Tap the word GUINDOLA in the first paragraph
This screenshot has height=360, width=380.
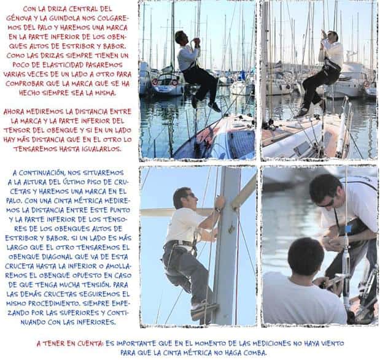tap(64, 18)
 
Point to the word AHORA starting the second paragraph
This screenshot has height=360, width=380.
tap(14, 112)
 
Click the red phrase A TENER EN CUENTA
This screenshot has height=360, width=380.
tap(70, 343)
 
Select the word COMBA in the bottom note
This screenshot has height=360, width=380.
tap(255, 353)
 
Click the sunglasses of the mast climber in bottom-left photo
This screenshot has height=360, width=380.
tap(191, 195)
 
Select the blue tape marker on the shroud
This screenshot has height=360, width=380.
tap(347, 229)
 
